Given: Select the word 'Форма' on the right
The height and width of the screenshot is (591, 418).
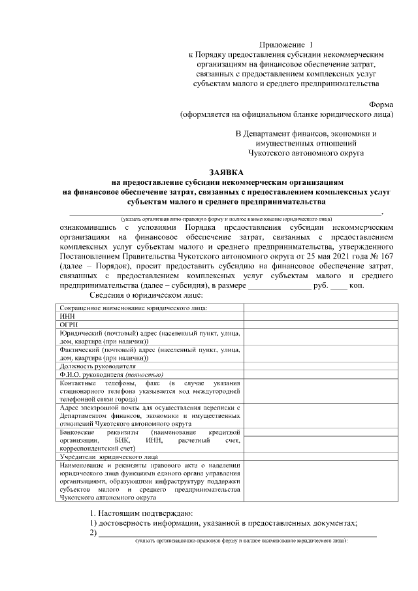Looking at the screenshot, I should click(x=381, y=104).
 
